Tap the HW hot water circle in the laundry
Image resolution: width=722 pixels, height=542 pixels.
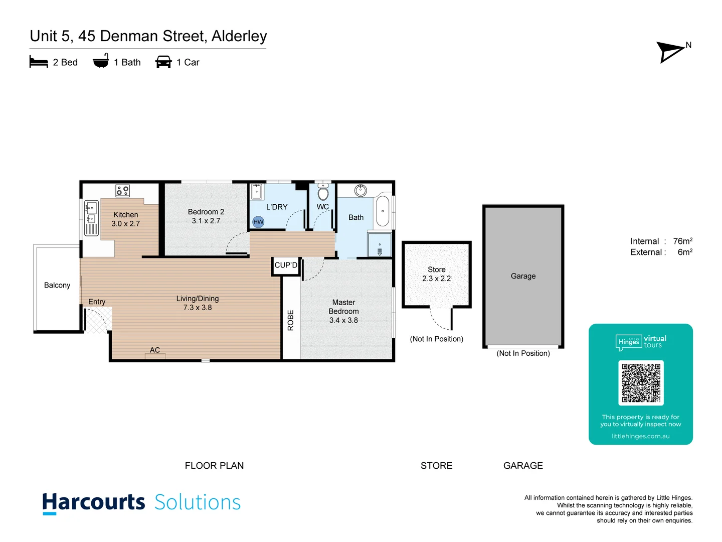258,222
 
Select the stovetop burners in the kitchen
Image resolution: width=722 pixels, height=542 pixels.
123,190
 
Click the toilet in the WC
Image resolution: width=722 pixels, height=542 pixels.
323,193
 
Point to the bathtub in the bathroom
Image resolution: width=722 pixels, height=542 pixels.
383,211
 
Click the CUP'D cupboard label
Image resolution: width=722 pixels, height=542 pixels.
286,265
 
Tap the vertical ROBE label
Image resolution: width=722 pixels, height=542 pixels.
290,320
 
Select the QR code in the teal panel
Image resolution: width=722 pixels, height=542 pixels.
641,382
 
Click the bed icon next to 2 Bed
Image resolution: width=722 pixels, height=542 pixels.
39,62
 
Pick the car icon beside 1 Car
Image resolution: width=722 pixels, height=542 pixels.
163,62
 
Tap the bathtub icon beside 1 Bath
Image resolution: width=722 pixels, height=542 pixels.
101,61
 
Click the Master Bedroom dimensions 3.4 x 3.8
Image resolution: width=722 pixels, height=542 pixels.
343,320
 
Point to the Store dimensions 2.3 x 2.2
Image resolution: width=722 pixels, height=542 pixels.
436,279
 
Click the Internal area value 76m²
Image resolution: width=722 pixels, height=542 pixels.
682,241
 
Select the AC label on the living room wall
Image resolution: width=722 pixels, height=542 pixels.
155,350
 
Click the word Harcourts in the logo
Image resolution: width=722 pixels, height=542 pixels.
94,502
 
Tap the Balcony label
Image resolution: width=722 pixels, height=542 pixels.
57,285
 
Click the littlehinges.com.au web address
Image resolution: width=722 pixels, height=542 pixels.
640,436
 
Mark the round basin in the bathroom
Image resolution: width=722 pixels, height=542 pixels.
360,190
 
